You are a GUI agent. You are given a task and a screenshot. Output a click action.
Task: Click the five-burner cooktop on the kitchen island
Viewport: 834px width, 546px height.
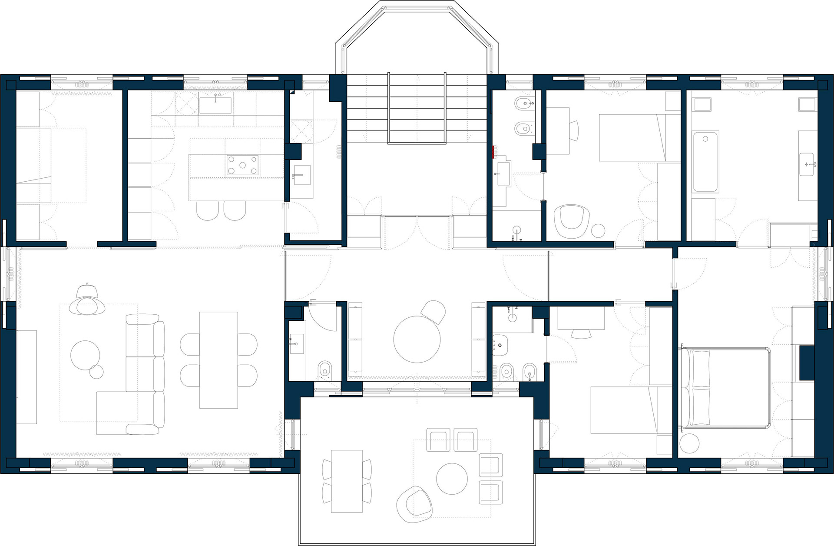point(242,165)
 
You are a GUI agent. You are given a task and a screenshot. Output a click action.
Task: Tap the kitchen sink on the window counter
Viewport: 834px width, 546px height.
point(215,105)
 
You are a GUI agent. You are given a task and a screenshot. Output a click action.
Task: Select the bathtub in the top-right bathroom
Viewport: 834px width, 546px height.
point(705,161)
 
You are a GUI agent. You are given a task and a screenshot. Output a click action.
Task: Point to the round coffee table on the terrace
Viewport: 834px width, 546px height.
point(452,478)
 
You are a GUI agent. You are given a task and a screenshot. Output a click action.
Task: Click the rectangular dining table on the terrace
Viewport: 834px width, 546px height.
point(347,481)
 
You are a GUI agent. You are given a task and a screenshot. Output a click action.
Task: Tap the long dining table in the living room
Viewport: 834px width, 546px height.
point(218,360)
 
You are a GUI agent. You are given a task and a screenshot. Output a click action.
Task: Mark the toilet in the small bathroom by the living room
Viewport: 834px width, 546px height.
point(324,370)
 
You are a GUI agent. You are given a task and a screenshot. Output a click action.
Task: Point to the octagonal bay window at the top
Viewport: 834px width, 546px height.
point(417,35)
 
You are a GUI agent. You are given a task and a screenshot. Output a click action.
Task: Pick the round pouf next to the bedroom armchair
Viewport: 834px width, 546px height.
point(598,230)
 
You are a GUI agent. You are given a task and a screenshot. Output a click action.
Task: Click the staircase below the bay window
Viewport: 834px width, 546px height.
point(417,109)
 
